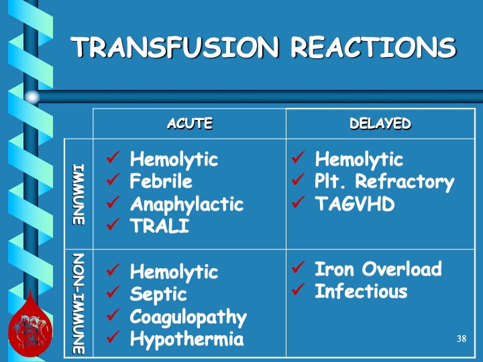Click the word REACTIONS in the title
coord(374,47)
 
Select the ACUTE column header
coord(190,123)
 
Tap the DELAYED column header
coord(380,123)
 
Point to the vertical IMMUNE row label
coord(78,194)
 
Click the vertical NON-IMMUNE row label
coord(78,304)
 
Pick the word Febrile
coord(161,181)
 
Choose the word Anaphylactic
coord(187,204)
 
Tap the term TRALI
coord(160,226)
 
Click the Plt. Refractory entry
coord(384,182)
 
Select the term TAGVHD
coord(355,204)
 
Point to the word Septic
coord(158,294)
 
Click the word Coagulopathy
coord(189,317)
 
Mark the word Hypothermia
coord(187,339)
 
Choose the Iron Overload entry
coord(378,269)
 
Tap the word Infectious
coord(361,291)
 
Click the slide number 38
coord(462,339)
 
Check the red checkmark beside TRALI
coord(113,224)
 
